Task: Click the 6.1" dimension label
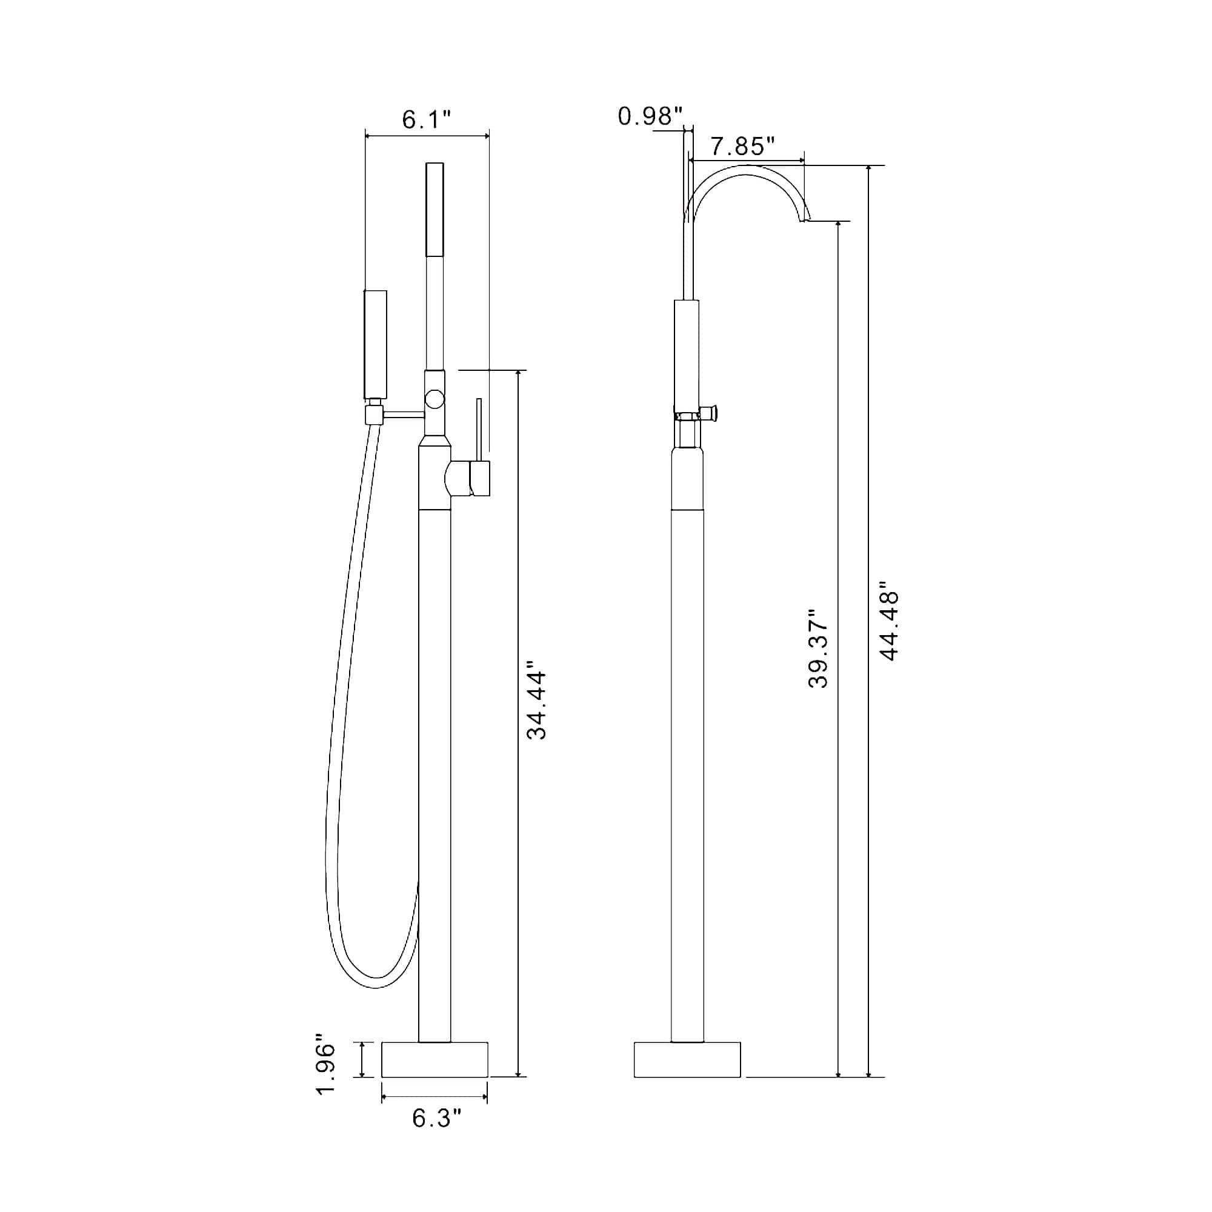[427, 119]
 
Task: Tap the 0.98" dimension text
[650, 116]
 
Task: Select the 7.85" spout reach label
[742, 147]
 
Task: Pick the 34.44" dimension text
[536, 706]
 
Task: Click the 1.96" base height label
[325, 1076]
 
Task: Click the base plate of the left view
[435, 1077]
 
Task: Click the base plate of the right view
[687, 1077]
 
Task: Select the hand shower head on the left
[376, 344]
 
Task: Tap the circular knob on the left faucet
[434, 398]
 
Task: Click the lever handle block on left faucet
[480, 478]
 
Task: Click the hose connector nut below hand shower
[374, 415]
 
